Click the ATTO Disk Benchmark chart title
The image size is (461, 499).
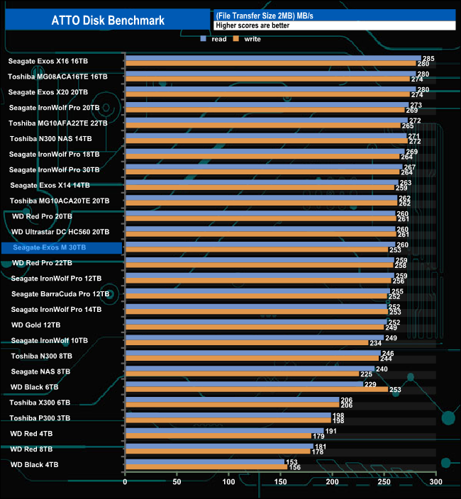click(x=108, y=21)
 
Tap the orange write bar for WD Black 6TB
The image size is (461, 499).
click(x=256, y=389)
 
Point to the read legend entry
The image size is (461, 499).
click(x=214, y=39)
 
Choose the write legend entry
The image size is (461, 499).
click(x=248, y=39)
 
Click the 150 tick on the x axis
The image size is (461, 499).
click(x=280, y=483)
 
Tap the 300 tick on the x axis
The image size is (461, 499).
click(x=435, y=483)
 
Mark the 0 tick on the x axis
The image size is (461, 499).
click(x=126, y=483)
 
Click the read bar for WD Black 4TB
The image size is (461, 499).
click(x=204, y=461)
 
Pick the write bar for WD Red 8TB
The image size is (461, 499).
click(x=218, y=452)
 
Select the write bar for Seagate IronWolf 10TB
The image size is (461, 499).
click(x=246, y=343)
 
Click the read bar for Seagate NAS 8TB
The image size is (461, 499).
click(x=250, y=369)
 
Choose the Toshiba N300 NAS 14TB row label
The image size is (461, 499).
click(x=51, y=138)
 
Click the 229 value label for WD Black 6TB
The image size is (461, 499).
click(x=370, y=384)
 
